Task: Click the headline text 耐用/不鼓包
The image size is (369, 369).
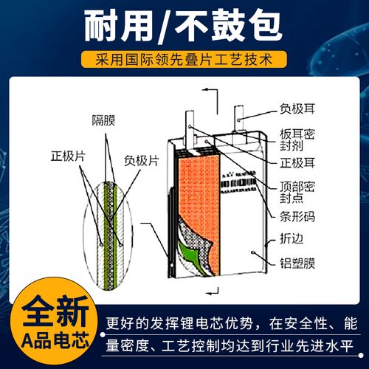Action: pos(184,27)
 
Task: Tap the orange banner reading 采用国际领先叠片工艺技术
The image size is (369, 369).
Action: pos(184,58)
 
